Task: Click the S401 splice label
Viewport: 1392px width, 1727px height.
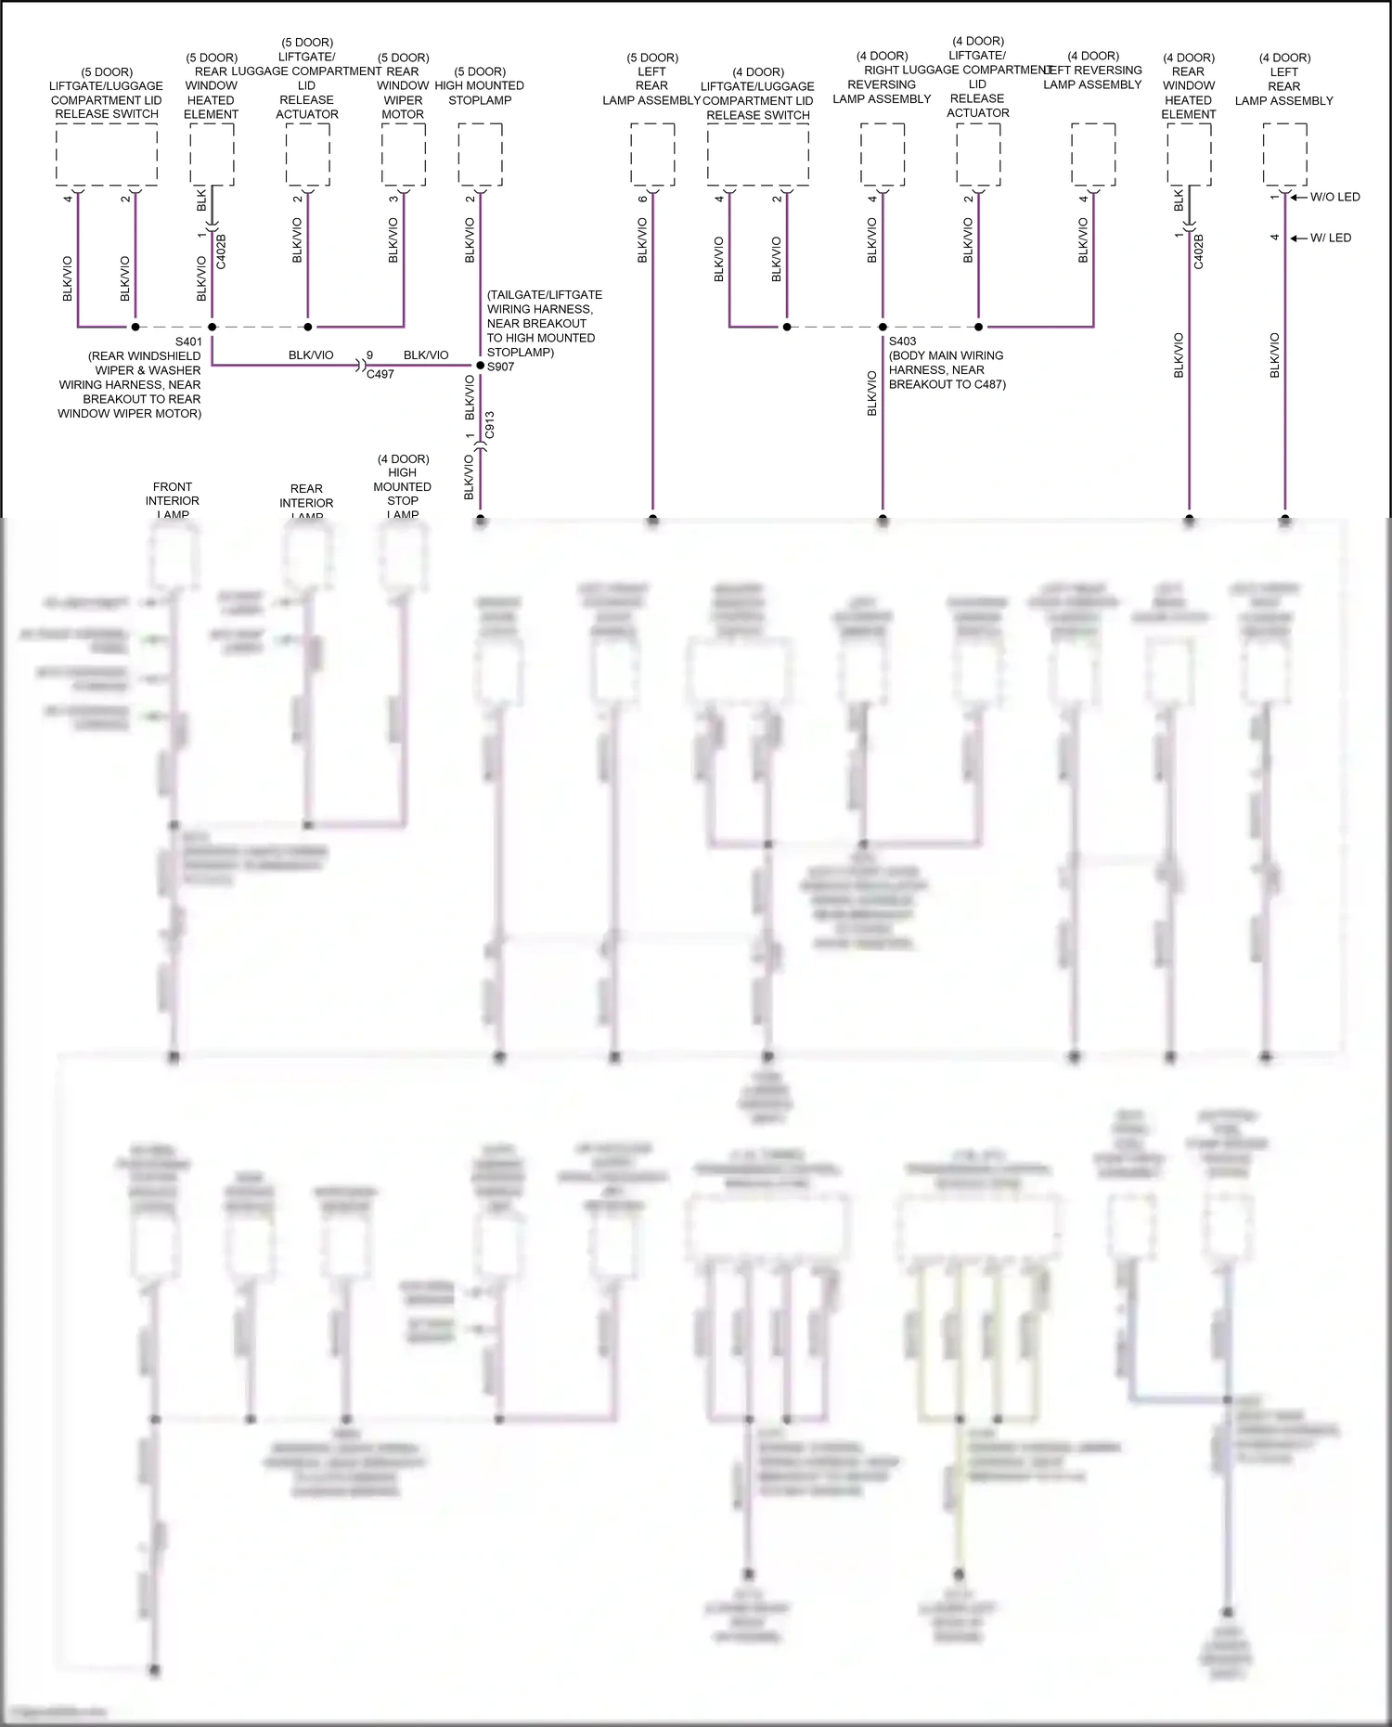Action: click(x=188, y=342)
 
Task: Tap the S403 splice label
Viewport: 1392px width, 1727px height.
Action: click(x=902, y=341)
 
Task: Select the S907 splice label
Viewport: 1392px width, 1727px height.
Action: click(x=500, y=367)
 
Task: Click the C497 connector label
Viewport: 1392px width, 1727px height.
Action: click(x=380, y=374)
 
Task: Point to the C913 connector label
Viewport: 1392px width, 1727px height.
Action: click(x=490, y=425)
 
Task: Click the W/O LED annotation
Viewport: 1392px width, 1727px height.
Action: click(x=1334, y=197)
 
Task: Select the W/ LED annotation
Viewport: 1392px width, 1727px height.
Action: click(x=1331, y=238)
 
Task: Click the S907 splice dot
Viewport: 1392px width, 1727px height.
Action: click(x=480, y=366)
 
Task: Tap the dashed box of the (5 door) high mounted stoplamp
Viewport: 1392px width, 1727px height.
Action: click(x=480, y=154)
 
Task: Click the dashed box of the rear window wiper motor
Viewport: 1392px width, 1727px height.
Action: click(x=404, y=154)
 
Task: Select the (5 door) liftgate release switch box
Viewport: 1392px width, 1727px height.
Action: click(x=107, y=154)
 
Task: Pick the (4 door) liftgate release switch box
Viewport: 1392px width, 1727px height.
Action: click(x=758, y=154)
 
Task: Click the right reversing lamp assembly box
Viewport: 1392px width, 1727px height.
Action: click(x=883, y=154)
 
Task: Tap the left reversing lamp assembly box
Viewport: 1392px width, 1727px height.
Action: click(x=1093, y=154)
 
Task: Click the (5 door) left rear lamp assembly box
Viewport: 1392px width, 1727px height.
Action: click(x=652, y=154)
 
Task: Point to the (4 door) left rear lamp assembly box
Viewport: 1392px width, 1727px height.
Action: click(x=1285, y=154)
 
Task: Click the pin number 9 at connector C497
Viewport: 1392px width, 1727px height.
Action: click(x=369, y=355)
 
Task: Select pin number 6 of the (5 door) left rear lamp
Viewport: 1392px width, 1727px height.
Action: click(x=642, y=199)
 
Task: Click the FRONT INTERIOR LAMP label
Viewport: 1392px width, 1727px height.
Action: click(x=173, y=500)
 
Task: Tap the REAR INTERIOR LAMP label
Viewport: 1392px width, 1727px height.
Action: click(x=306, y=502)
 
